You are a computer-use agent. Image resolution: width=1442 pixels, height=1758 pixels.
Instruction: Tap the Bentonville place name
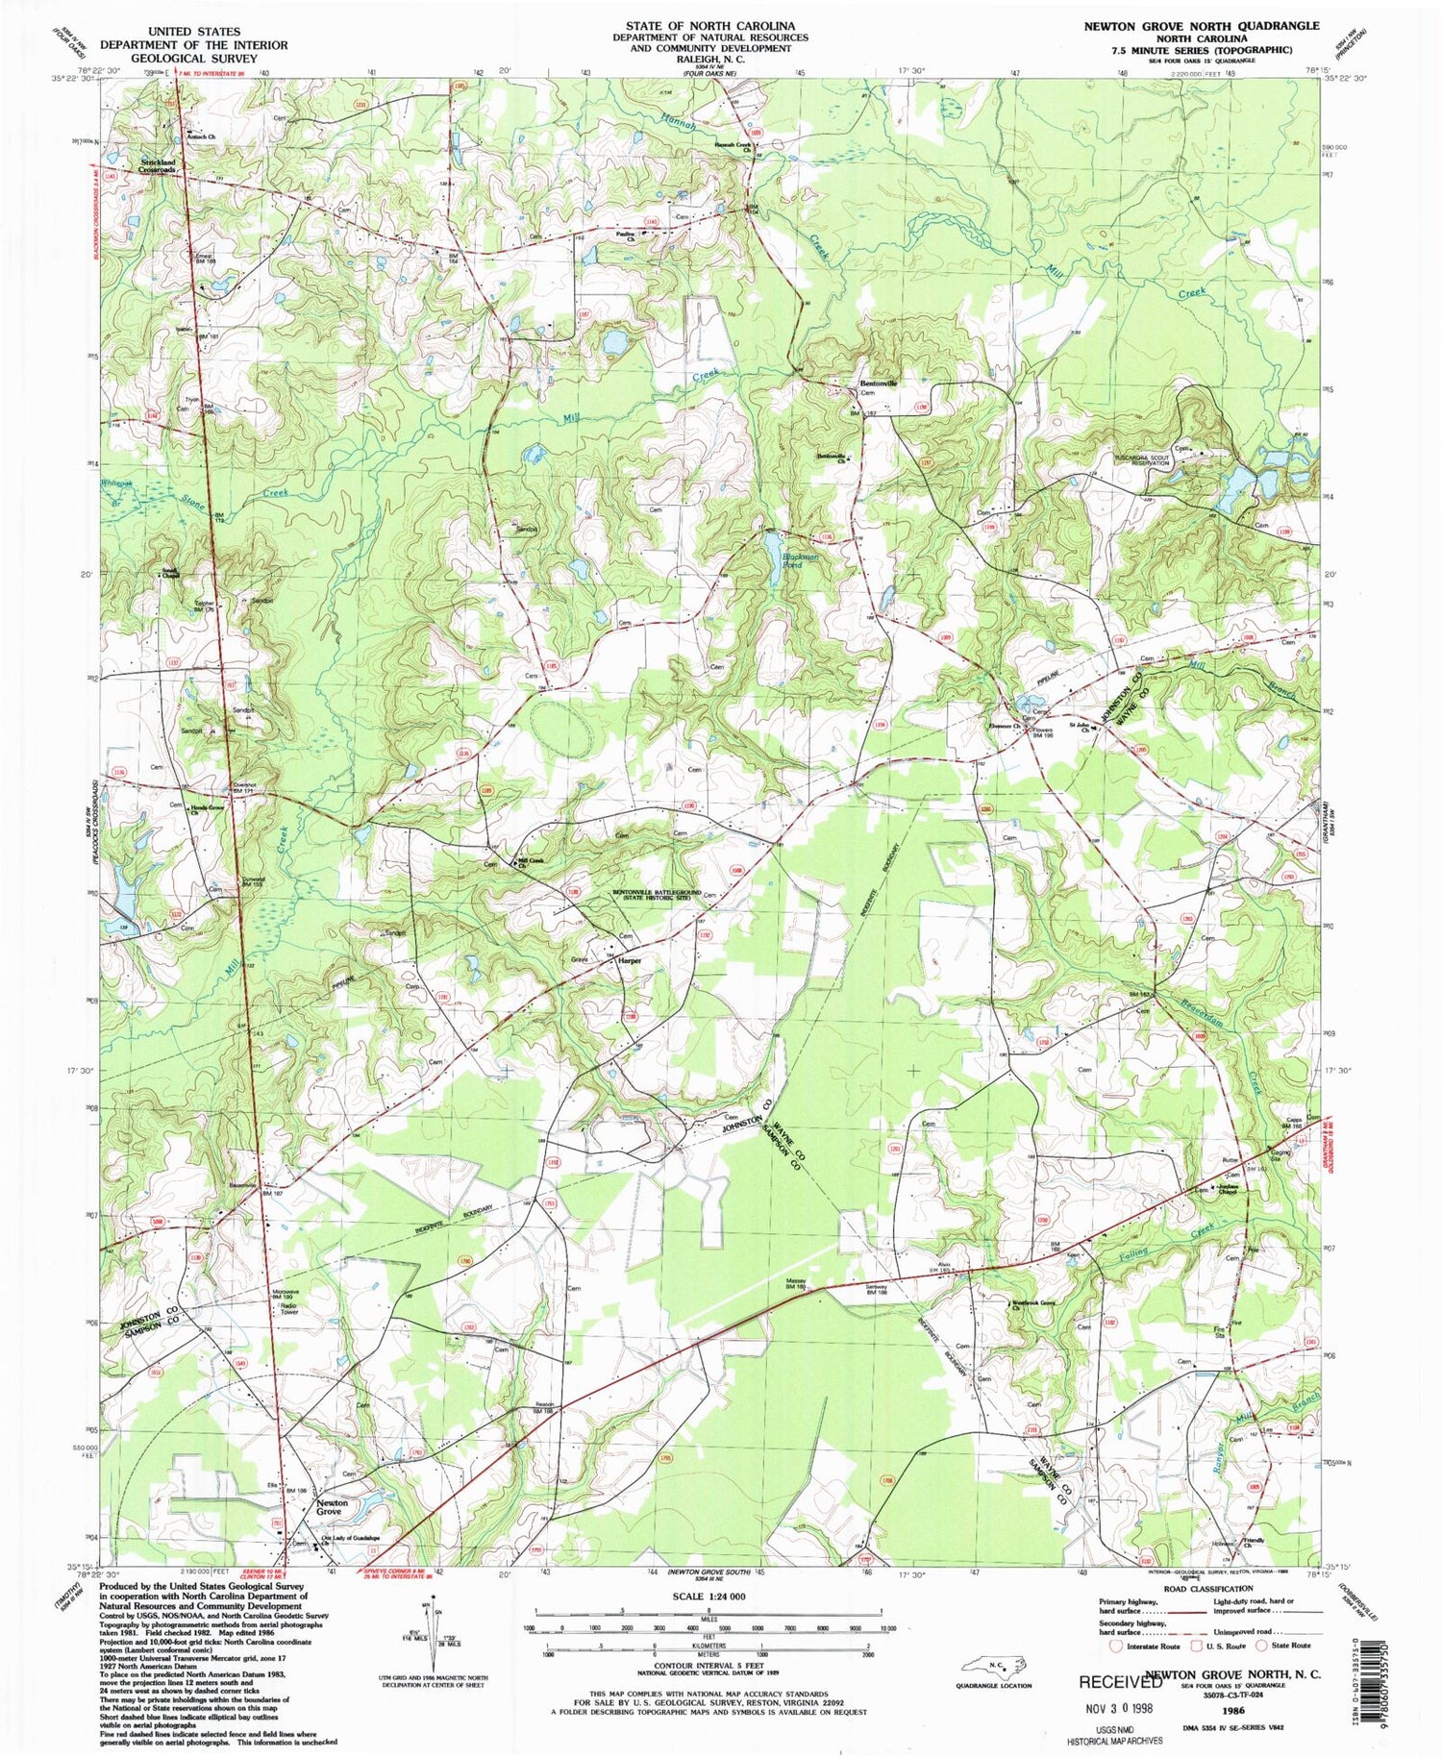pos(877,384)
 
